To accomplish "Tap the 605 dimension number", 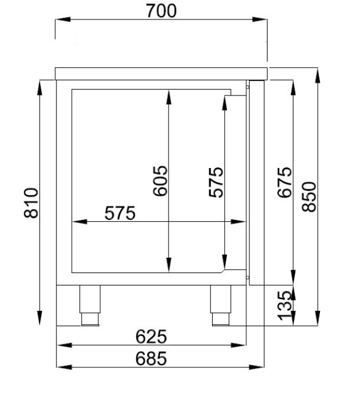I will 160,180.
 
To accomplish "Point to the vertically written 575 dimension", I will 216,182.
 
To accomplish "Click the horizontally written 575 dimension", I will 120,213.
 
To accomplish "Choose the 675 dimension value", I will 285,182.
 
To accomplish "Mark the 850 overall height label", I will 310,196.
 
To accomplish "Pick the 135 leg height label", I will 285,306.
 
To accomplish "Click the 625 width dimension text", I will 151,336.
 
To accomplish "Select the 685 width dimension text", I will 151,358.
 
